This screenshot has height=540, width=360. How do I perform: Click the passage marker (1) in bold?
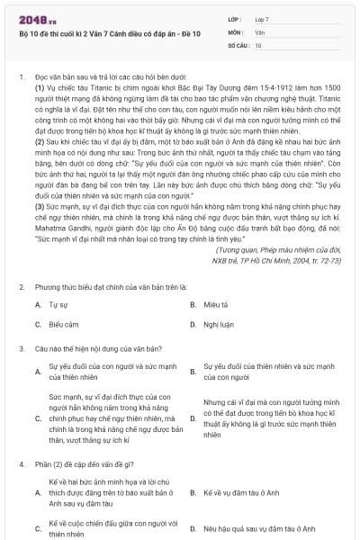40,87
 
